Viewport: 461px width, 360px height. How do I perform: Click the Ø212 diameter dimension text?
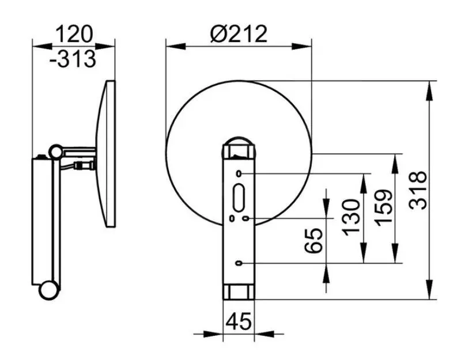point(239,34)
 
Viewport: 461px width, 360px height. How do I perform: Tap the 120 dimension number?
point(74,34)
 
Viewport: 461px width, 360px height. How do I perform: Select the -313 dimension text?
point(73,59)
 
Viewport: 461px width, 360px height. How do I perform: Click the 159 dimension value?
point(384,208)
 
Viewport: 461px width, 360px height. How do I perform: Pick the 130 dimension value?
point(352,218)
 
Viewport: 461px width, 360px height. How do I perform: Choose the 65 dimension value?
point(313,240)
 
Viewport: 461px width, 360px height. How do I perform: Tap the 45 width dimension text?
point(239,321)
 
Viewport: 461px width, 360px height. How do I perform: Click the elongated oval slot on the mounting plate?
point(239,198)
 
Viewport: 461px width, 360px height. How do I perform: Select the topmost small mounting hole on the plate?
point(239,174)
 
